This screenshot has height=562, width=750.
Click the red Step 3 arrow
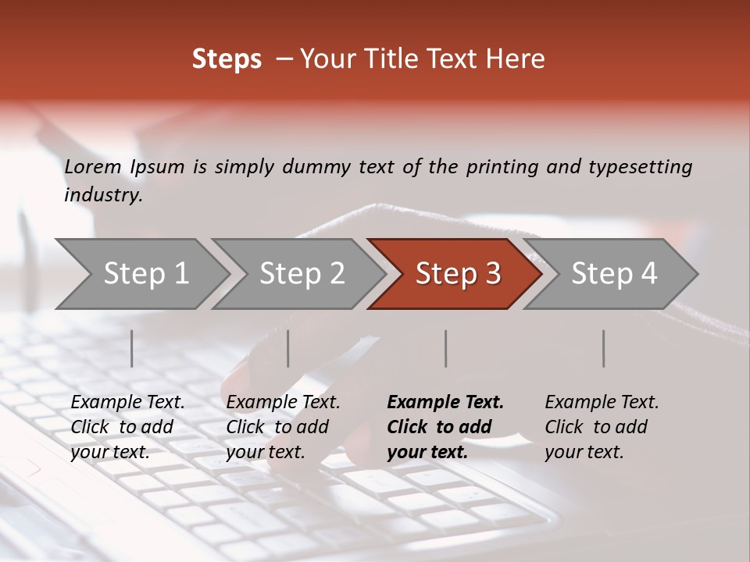coord(457,274)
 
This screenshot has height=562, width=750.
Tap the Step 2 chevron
coord(301,274)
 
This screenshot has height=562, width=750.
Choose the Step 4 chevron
coord(613,274)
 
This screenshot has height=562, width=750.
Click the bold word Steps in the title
coord(227,59)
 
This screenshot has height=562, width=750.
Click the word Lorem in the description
coord(93,166)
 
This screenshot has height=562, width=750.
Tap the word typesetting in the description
coord(640,166)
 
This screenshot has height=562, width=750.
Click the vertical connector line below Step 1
coord(132,348)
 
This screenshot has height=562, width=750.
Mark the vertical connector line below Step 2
coord(288,348)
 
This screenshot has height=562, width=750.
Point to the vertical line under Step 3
coord(446,348)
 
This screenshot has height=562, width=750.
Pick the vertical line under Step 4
coord(603,348)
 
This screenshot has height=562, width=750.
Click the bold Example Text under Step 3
coord(445,402)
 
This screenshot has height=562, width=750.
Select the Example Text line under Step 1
coord(127,402)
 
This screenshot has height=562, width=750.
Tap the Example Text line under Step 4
coord(602,402)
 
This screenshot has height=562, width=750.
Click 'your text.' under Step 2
coord(265,452)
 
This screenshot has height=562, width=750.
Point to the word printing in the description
coord(502,166)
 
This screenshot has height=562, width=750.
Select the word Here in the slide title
coord(519,59)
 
